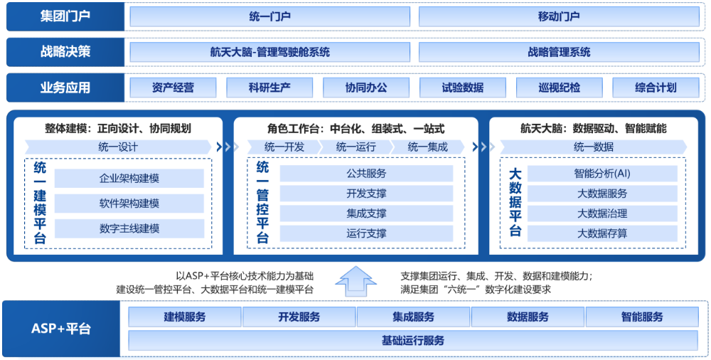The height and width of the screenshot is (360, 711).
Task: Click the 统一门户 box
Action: [269, 16]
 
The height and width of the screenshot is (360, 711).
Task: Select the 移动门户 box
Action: [559, 16]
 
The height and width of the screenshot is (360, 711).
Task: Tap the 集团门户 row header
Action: [65, 16]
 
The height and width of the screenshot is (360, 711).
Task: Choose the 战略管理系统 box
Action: [559, 52]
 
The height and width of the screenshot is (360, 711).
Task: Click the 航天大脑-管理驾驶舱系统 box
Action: [269, 52]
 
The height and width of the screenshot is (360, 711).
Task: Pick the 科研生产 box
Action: [269, 88]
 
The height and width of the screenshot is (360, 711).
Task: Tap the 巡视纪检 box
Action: [559, 88]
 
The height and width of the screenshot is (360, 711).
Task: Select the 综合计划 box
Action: [656, 88]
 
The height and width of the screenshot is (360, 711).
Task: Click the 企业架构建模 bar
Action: [129, 179]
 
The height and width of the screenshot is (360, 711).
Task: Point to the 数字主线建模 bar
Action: [129, 228]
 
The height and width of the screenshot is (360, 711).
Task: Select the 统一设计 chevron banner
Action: [118, 147]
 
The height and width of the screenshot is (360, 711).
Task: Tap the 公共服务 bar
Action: [366, 174]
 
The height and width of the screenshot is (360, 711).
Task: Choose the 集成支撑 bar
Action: [366, 213]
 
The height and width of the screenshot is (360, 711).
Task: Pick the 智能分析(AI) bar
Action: [602, 174]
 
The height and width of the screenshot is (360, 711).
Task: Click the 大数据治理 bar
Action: [602, 213]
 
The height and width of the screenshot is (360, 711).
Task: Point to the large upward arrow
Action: [356, 282]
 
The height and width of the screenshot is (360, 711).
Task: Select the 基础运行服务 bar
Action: [413, 341]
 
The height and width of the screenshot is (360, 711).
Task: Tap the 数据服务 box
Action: [528, 317]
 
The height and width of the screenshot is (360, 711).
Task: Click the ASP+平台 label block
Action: [61, 329]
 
